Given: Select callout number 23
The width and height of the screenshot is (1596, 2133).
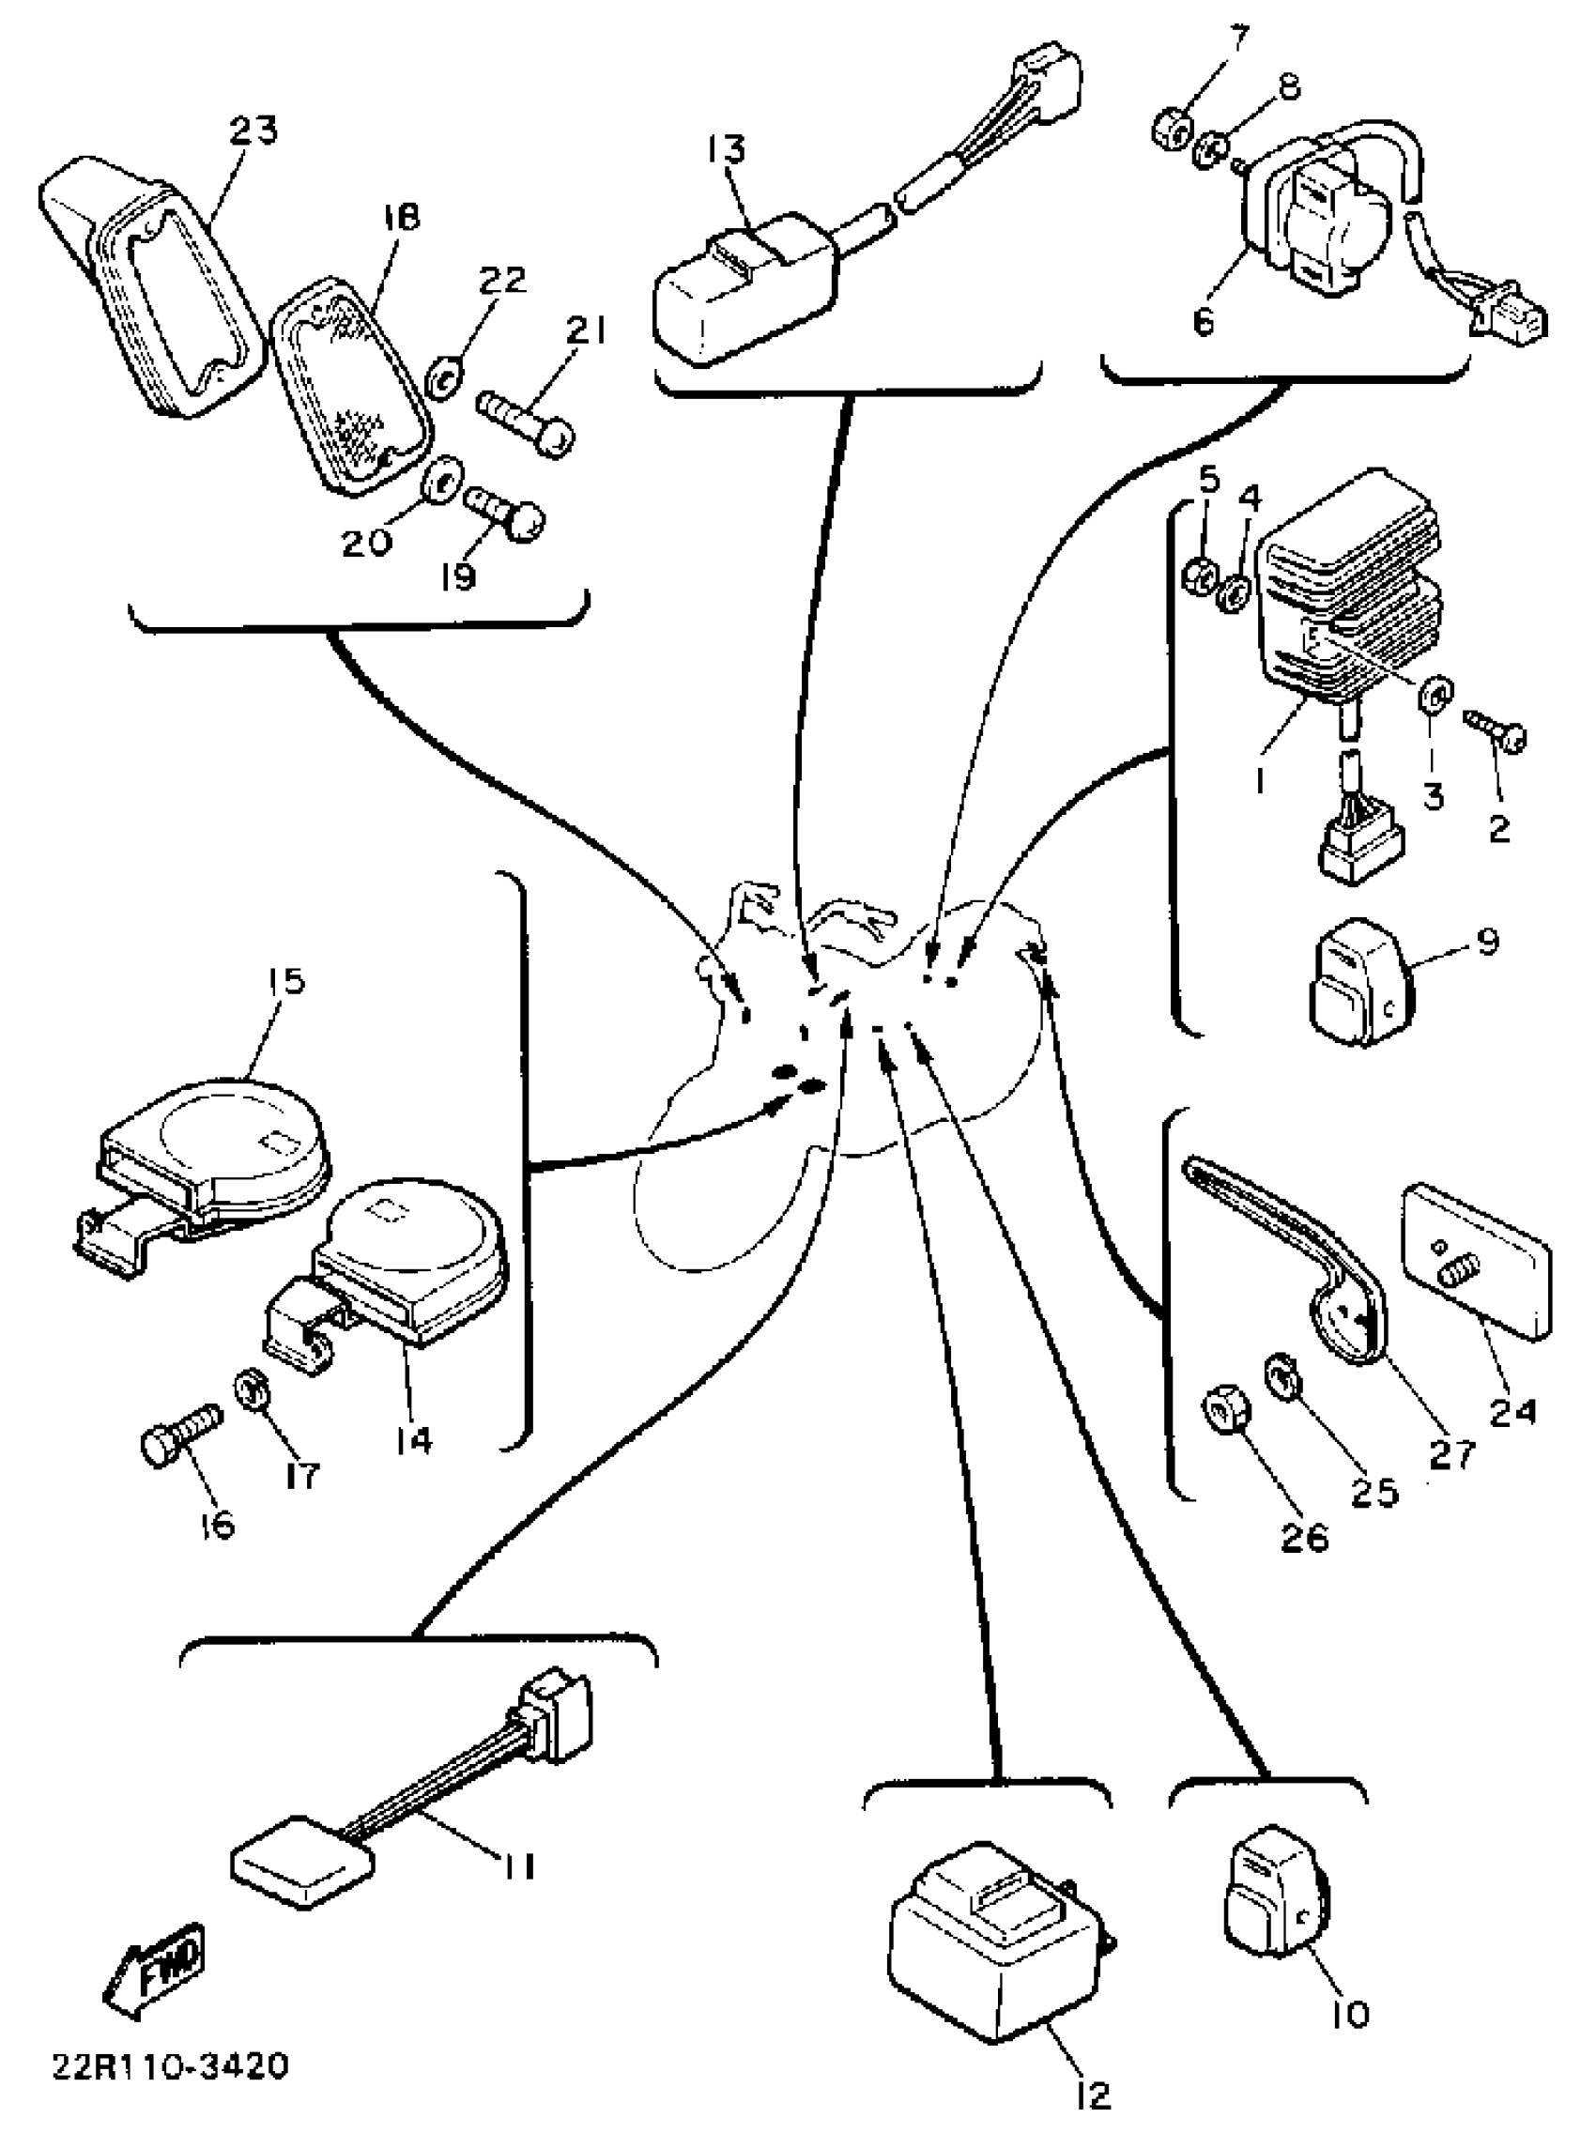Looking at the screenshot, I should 253,130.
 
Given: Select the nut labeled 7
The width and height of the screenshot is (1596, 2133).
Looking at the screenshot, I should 1171,127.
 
